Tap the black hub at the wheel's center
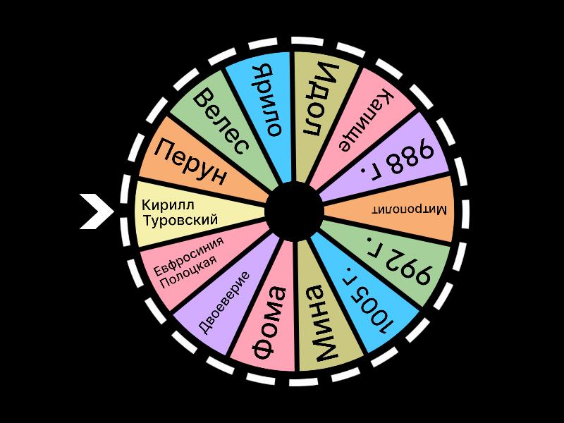point(294,211)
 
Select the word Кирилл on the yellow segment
point(168,205)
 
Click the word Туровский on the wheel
point(180,220)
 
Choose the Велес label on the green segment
point(221,121)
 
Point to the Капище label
point(366,120)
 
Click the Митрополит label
point(410,209)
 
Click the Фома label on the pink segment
point(270,323)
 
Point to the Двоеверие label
point(223,302)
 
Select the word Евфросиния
point(188,256)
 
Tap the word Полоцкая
point(188,272)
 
